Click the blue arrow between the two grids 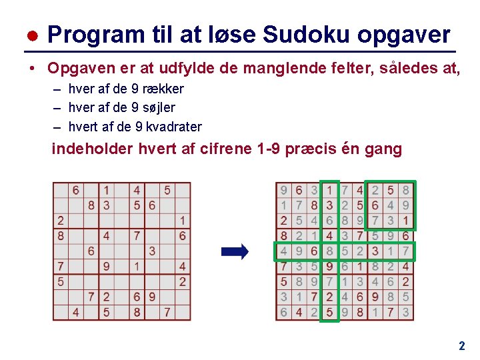pos(235,251)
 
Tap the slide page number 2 pos(461,346)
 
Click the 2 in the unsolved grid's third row pos(61,221)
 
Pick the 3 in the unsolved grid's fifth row pos(152,251)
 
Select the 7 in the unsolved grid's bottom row pos(167,312)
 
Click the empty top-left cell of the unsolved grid pos(61,190)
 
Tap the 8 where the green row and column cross pos(329,251)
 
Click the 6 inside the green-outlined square pos(375,205)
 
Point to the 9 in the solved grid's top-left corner pos(284,190)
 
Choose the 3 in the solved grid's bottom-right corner pos(405,312)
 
